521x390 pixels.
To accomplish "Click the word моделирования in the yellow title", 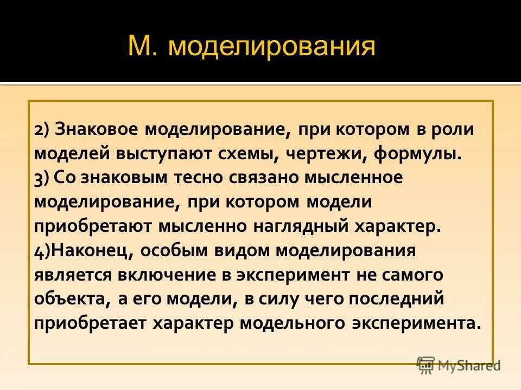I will pyautogui.click(x=271, y=47).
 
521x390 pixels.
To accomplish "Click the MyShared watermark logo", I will pyautogui.click(x=459, y=365).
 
